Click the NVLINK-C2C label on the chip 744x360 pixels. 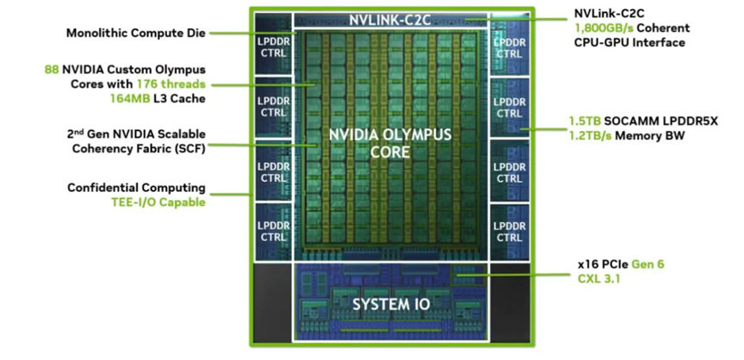tap(389, 21)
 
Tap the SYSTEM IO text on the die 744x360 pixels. tap(391, 304)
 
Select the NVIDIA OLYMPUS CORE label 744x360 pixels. tap(390, 143)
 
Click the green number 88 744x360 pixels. tap(52, 70)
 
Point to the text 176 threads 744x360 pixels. tap(171, 84)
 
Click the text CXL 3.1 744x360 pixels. tap(598, 278)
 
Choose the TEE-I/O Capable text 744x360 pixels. tap(158, 202)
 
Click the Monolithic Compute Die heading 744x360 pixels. tap(136, 34)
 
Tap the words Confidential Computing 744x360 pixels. tap(137, 188)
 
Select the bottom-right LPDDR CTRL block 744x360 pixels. tap(510, 232)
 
